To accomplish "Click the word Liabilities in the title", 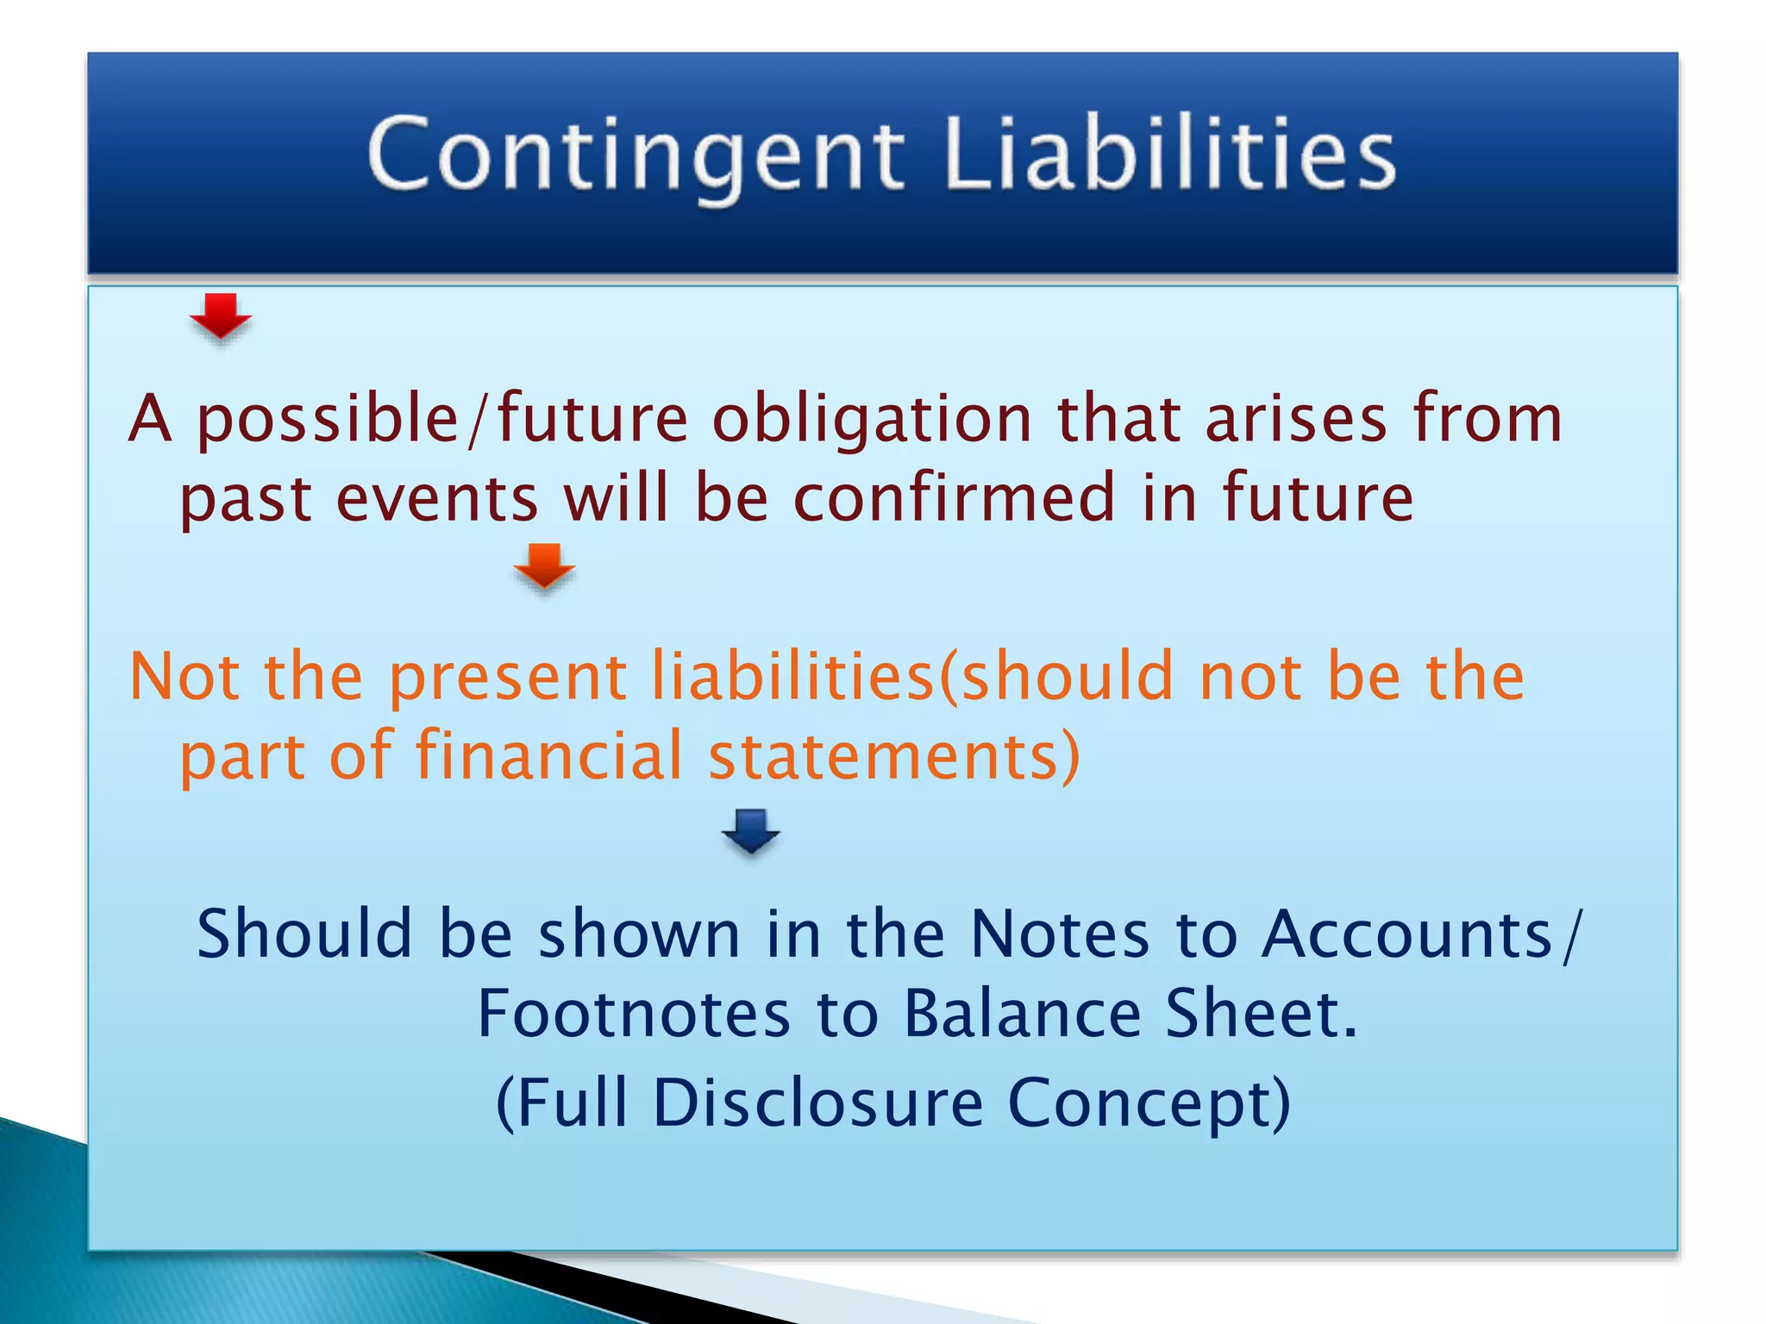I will (1169, 155).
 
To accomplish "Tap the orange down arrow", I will (544, 565).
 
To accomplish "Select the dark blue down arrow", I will (751, 831).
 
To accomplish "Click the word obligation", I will (872, 420).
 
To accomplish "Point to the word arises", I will (1295, 420).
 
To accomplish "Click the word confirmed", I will (955, 499).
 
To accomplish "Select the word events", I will (436, 501).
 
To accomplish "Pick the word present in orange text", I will (507, 678).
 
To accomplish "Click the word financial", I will (549, 757).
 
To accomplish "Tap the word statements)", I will (893, 757).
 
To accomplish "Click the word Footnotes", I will (634, 1015).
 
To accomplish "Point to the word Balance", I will (1023, 1015).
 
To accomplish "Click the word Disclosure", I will (817, 1103).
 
